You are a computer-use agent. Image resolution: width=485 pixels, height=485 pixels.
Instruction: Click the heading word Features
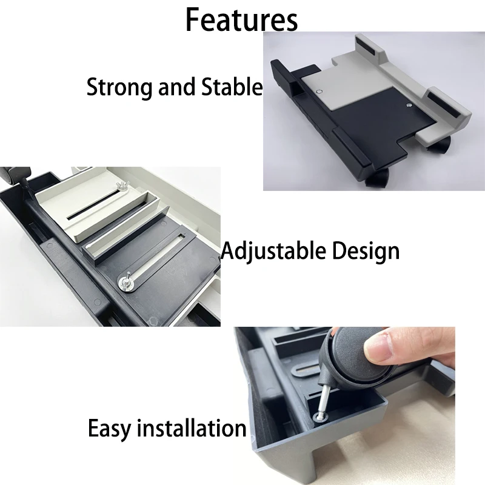[241, 19]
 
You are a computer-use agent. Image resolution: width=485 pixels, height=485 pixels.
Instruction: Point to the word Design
[365, 250]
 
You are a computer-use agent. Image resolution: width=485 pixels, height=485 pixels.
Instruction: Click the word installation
[192, 429]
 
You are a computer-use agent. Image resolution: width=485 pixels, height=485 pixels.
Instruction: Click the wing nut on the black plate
[127, 280]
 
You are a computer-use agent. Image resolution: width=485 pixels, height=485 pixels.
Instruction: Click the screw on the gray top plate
[319, 91]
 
